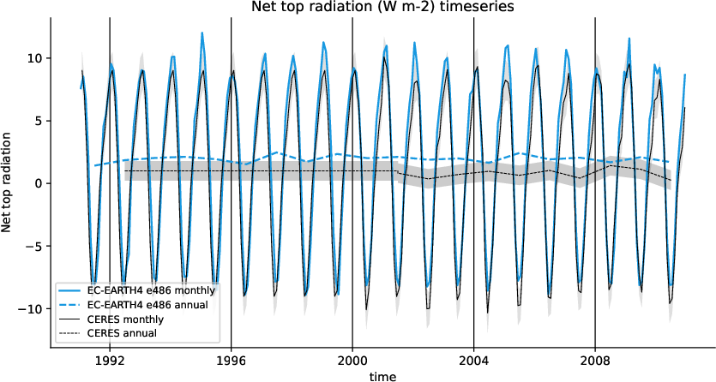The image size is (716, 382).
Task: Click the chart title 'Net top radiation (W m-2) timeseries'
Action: pos(382,7)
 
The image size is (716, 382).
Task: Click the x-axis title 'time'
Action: pos(382,375)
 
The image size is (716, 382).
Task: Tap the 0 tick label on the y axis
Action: pos(34,183)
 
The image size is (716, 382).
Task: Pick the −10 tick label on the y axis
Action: pos(28,308)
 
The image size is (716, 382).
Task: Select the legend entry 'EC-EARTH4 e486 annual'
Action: pos(150,304)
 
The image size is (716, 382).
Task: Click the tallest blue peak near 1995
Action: pos(202,33)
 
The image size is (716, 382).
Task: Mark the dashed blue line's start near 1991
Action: pos(95,165)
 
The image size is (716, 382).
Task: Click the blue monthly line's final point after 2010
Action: pos(685,75)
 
